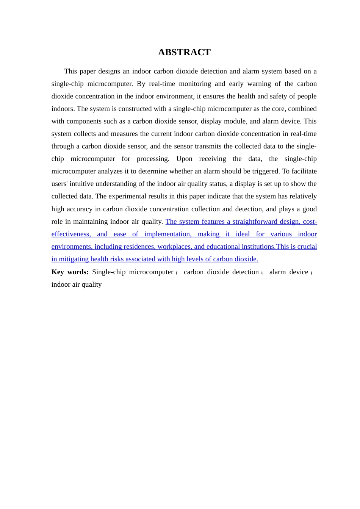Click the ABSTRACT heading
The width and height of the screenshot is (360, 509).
(x=184, y=52)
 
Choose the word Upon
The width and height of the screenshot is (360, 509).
(x=184, y=159)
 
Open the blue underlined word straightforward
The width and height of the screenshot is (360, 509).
(x=255, y=222)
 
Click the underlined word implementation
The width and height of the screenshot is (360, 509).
(x=167, y=234)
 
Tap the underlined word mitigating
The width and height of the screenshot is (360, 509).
(x=74, y=259)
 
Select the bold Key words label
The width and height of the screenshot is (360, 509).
(x=70, y=272)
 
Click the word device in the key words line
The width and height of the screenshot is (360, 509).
(x=299, y=272)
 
